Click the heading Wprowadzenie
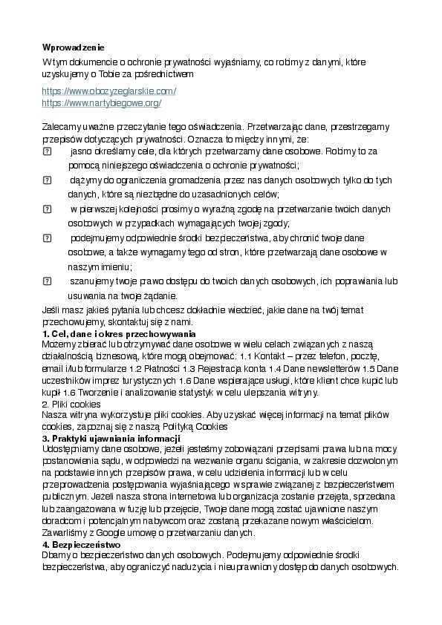(x=74, y=47)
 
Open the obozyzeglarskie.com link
(x=108, y=91)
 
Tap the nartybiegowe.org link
(x=102, y=102)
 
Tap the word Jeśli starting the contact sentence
(x=51, y=310)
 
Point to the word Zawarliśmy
(x=65, y=533)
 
